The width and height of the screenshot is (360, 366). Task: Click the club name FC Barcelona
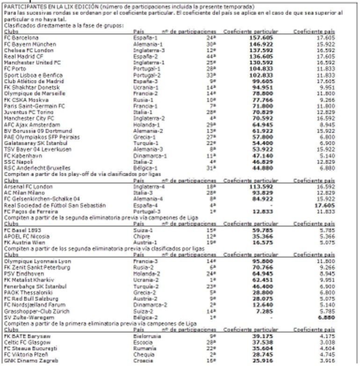pyautogui.click(x=21, y=37)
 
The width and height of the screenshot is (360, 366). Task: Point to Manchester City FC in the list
pyautogui.click(x=27, y=119)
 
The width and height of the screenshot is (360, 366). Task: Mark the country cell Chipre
pyautogui.click(x=141, y=236)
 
